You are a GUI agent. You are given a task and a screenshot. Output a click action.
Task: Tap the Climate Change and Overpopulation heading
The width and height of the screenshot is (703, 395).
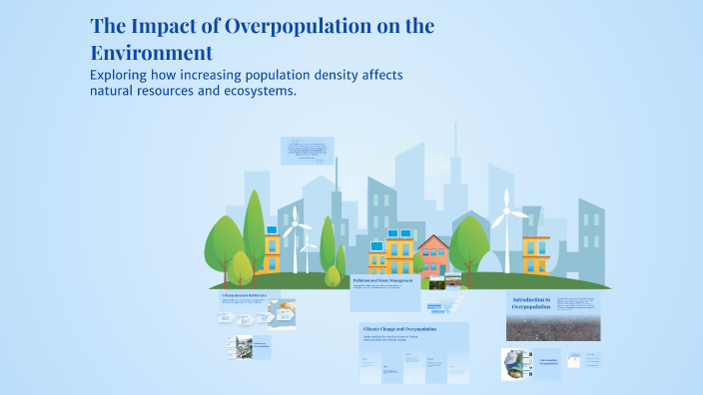412,328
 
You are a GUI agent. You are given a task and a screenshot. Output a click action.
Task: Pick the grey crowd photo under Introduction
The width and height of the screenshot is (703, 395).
552,328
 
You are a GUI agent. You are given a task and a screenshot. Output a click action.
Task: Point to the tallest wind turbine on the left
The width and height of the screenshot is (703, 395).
297,239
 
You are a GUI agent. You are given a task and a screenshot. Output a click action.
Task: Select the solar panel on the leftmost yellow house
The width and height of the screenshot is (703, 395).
272,229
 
